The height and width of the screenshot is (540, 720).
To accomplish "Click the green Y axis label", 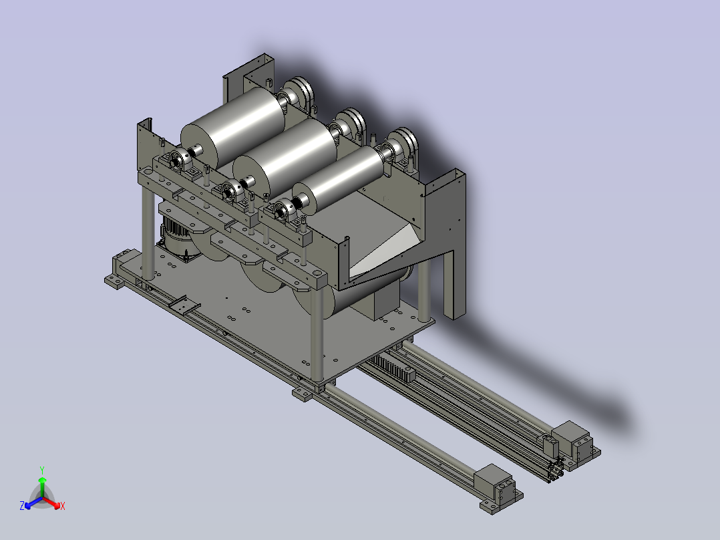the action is point(42,470).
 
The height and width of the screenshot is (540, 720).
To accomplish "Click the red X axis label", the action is point(63,506).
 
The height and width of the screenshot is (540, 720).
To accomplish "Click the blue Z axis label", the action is point(22,506).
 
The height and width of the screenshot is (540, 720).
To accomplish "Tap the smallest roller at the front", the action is point(338,178).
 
